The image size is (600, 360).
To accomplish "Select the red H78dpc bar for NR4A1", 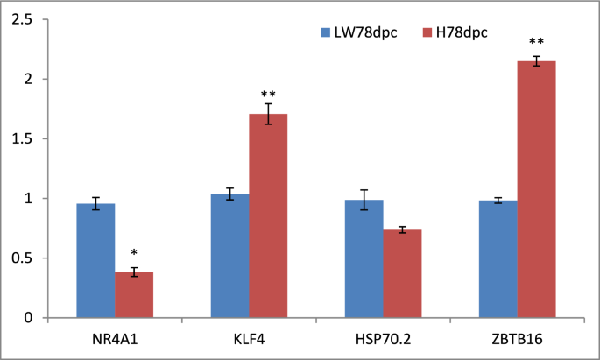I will click(x=134, y=295).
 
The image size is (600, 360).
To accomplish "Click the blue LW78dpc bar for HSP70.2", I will click(x=364, y=259).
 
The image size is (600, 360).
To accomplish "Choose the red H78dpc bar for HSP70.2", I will click(x=402, y=274).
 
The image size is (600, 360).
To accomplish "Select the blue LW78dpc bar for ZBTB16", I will click(x=498, y=259).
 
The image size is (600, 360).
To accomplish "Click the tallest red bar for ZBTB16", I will click(x=536, y=189).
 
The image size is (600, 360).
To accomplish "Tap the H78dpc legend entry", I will click(x=455, y=32).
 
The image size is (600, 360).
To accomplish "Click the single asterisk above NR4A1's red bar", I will click(x=134, y=253).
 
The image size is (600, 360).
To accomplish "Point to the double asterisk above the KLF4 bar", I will click(x=268, y=95).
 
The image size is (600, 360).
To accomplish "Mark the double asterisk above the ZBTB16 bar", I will click(x=536, y=42).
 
